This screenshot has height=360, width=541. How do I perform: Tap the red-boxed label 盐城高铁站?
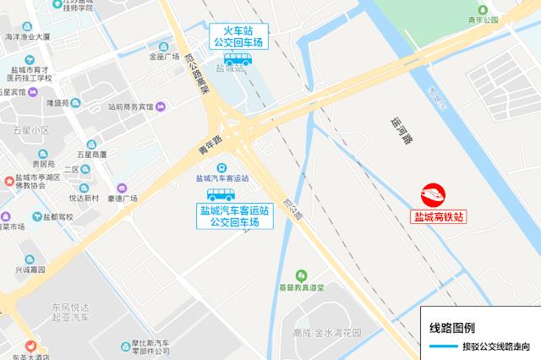click(438, 216)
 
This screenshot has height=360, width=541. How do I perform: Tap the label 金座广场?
click(164, 57)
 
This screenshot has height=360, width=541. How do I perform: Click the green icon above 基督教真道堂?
click(299, 275)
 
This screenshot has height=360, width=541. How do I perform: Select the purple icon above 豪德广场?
click(122, 188)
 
